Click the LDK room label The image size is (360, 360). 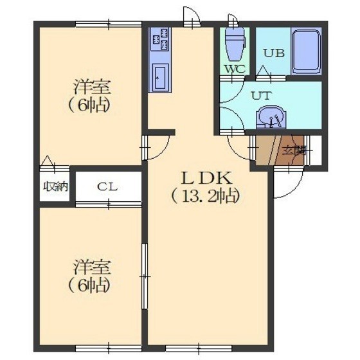point(206,179)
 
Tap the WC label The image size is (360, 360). point(235,69)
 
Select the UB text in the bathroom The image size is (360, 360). point(274,53)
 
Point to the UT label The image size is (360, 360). point(262,96)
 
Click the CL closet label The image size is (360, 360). point(107,187)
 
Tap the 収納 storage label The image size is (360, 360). point(56,186)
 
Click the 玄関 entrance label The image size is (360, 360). point(294,151)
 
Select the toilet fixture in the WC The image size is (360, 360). point(235,44)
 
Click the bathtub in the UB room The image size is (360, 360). point(306,51)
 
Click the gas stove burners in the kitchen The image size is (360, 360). point(160,39)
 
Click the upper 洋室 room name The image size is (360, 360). point(92,87)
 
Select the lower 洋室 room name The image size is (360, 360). point(92,267)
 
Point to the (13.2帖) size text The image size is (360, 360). point(206,197)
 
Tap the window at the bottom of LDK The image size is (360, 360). point(199,348)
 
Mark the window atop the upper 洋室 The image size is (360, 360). point(109,24)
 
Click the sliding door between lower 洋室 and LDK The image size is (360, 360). point(145,276)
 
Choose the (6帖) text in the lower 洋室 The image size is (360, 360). point(89,285)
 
